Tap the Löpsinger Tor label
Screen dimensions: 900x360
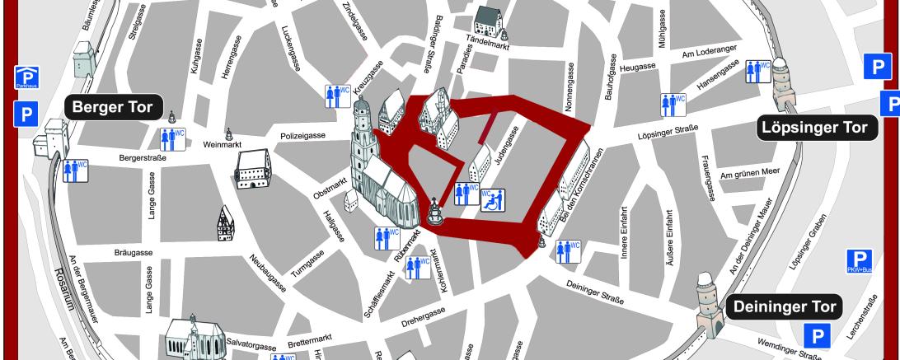coord(814,128)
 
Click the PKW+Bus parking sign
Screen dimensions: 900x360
coord(859,261)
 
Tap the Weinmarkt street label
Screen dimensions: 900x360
coord(220,143)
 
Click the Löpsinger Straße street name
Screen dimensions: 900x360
coord(668,132)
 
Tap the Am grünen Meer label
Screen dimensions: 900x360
coord(748,174)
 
